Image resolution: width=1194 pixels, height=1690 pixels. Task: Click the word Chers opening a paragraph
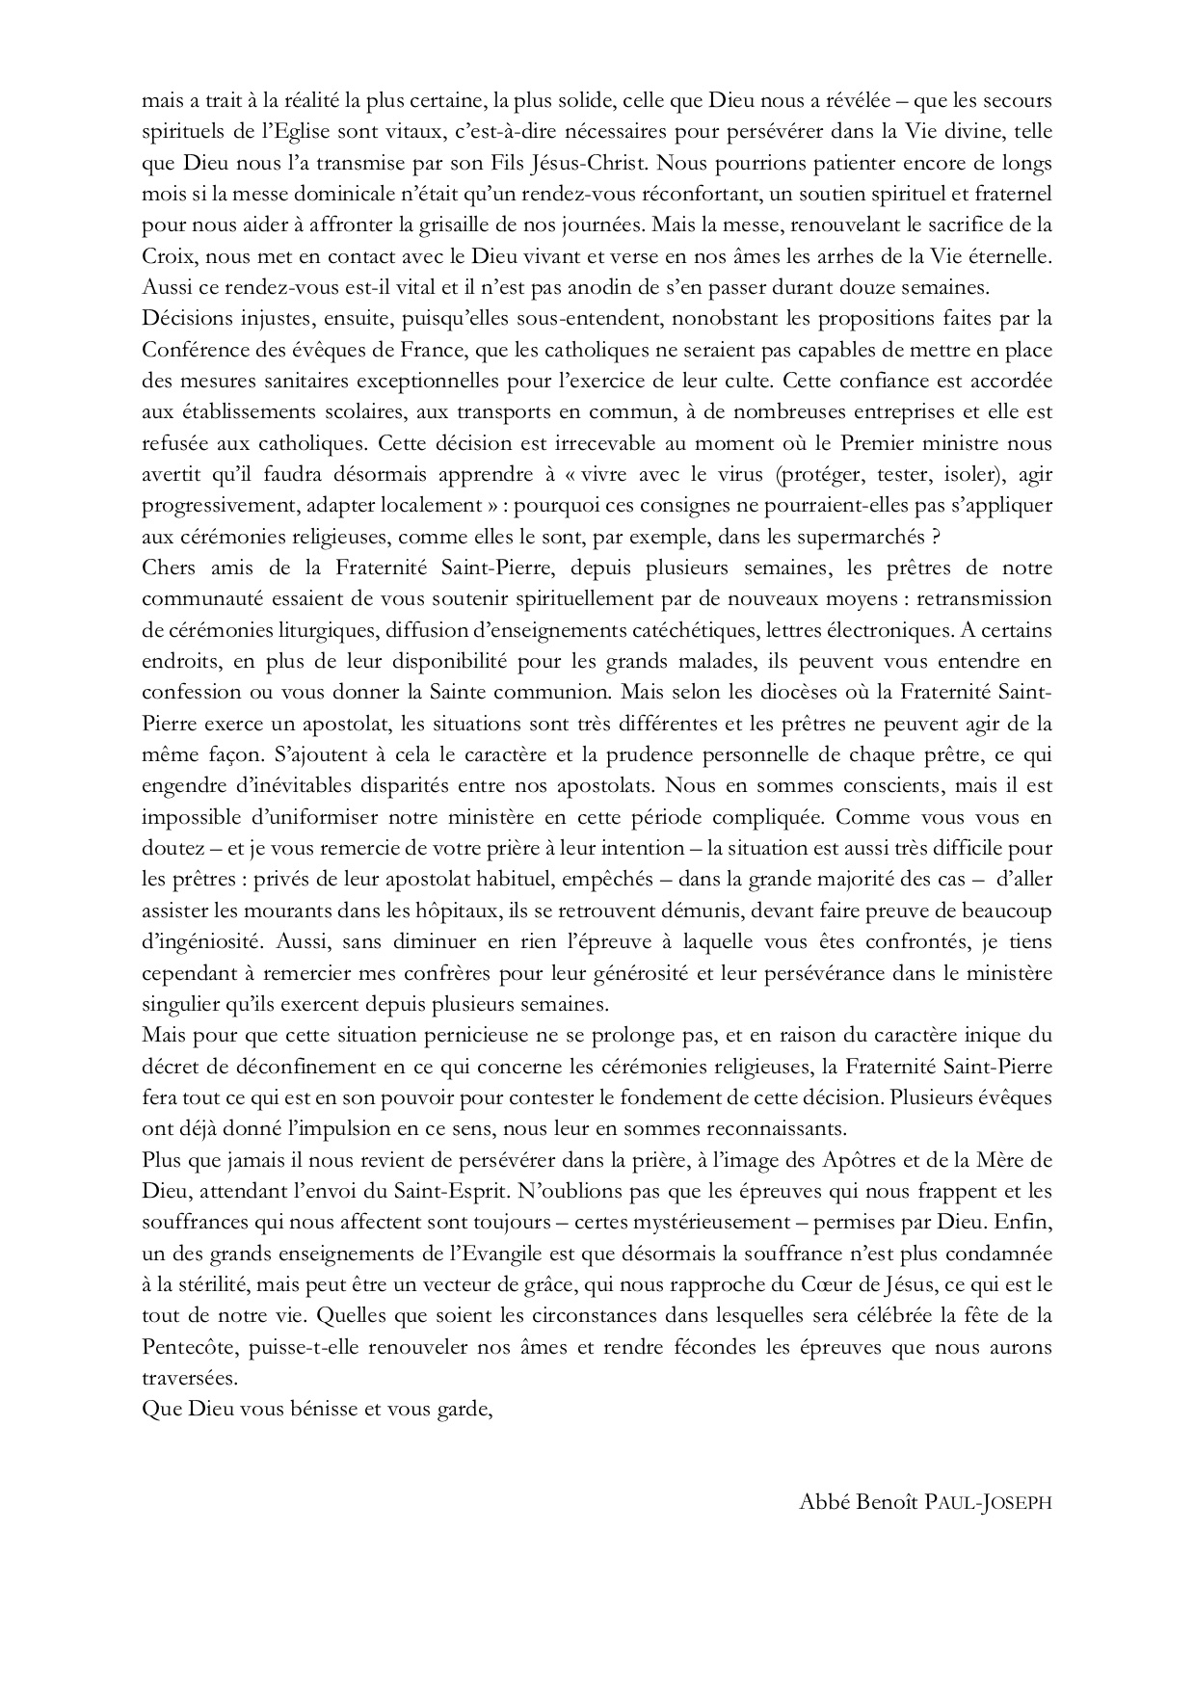[167, 568]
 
